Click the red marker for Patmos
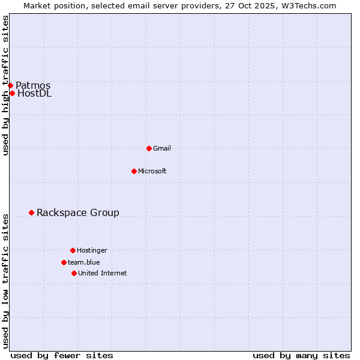10,85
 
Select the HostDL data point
12,93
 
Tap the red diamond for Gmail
149,148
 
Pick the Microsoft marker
134,171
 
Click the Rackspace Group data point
31,212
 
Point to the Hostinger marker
73,250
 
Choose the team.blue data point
64,262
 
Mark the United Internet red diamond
74,273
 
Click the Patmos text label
33,85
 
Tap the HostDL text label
34,93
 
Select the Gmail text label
162,148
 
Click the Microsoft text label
152,171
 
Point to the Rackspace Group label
78,212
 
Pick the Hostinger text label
92,250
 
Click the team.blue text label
84,262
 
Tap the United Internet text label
103,273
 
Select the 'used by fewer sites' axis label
62,355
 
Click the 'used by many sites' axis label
301,355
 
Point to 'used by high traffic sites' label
5,85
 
